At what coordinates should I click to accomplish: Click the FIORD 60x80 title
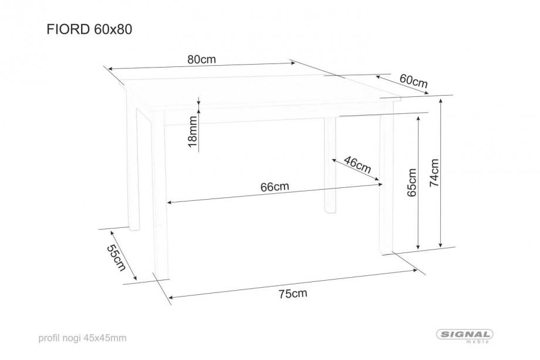pos(89,29)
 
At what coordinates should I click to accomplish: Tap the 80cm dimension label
pos(201,59)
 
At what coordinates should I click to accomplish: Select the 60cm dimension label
pos(414,81)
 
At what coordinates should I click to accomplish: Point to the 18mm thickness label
pos(193,132)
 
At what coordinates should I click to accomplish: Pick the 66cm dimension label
pos(275,187)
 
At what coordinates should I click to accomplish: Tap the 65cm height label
pos(411,183)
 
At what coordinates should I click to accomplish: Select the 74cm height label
pos(434,173)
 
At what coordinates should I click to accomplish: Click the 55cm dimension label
pos(116,258)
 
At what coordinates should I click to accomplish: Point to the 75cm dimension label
pos(293,294)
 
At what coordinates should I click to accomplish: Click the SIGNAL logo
pos(465,335)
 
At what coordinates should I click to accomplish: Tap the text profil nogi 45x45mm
pos(82,338)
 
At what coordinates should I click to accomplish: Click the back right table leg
pos(330,166)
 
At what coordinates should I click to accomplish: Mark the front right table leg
pos(386,179)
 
